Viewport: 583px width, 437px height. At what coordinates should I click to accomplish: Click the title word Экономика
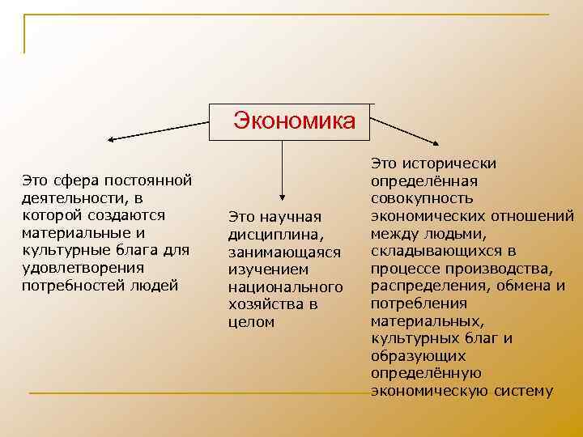coord(294,121)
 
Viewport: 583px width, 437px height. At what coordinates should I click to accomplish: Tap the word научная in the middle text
coord(291,217)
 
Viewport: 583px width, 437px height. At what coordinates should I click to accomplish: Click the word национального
coord(286,287)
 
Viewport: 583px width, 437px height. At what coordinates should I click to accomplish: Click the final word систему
coord(518,392)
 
